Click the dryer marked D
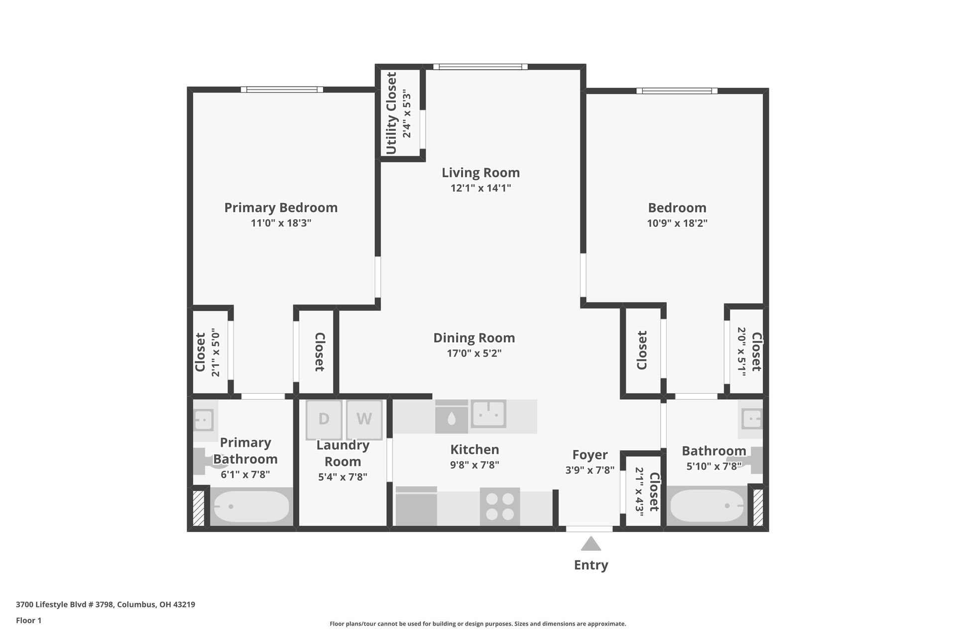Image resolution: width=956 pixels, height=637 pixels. tap(324, 419)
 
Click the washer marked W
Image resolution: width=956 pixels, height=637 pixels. tap(364, 419)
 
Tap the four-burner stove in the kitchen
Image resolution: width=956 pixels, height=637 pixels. tap(500, 506)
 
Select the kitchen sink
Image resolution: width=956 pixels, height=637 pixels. tap(489, 413)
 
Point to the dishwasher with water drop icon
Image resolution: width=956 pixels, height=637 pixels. tap(452, 417)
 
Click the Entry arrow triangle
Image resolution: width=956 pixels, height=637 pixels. tap(591, 543)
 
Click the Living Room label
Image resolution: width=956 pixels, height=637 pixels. tap(481, 173)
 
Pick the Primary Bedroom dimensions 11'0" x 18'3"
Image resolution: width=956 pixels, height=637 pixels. tap(281, 223)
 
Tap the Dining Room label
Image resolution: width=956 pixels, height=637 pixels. tap(474, 338)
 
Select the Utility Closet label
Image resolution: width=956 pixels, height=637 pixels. tap(391, 113)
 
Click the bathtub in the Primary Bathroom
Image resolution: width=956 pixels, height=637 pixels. tap(251, 507)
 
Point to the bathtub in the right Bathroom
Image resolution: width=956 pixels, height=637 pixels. tap(707, 506)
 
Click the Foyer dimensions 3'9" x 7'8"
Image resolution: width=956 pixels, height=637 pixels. tap(590, 470)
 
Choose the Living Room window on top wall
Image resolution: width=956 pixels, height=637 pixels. tap(480, 67)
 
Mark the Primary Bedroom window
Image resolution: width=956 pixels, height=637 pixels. tap(282, 90)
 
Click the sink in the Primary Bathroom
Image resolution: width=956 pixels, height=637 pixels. tap(203, 420)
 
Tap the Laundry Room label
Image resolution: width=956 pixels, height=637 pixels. tap(343, 453)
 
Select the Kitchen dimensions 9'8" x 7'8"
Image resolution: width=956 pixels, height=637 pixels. tap(475, 465)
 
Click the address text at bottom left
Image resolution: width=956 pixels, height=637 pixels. tap(106, 605)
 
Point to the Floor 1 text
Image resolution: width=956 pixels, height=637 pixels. tap(29, 620)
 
